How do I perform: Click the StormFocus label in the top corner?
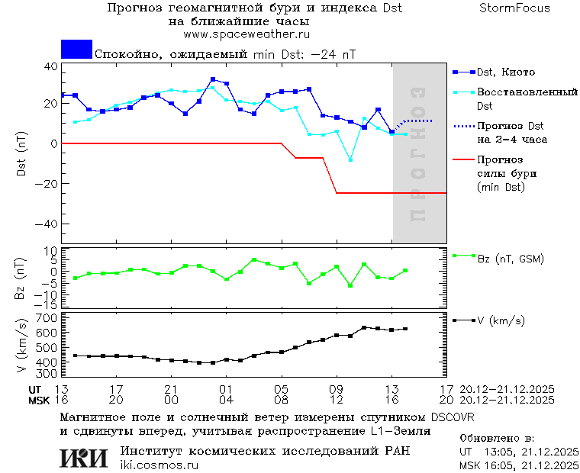click(x=515, y=8)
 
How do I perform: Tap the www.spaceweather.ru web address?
click(x=246, y=34)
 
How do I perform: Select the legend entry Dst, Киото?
click(x=506, y=72)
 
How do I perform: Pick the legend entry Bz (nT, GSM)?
click(x=511, y=259)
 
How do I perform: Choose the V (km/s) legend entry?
click(x=501, y=320)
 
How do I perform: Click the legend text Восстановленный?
click(x=526, y=92)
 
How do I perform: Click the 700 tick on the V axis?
click(x=47, y=318)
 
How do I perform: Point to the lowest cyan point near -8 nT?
click(x=351, y=159)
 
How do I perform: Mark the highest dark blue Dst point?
click(x=213, y=79)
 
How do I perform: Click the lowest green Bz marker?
click(x=351, y=285)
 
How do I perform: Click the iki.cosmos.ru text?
click(x=159, y=465)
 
